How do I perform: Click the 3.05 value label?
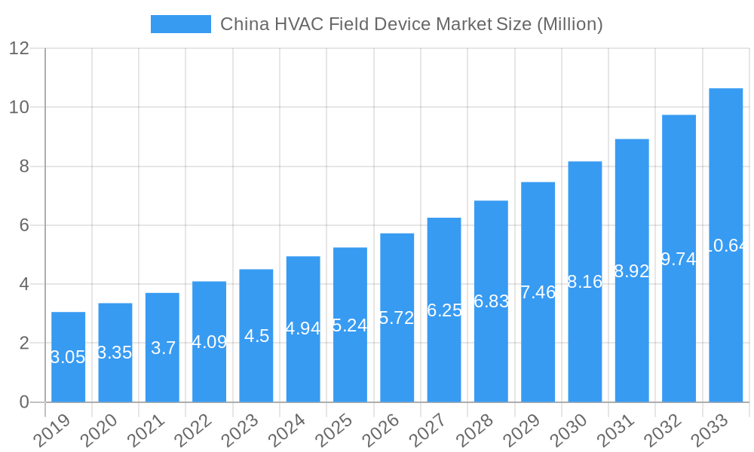point(68,357)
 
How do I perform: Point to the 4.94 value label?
point(303,328)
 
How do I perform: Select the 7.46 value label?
point(538,292)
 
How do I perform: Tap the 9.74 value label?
point(679,259)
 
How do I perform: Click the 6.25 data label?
point(444,310)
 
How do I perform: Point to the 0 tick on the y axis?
point(24,402)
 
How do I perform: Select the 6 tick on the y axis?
point(24,225)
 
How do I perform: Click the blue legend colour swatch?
point(181,24)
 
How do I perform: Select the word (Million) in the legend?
point(569,24)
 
